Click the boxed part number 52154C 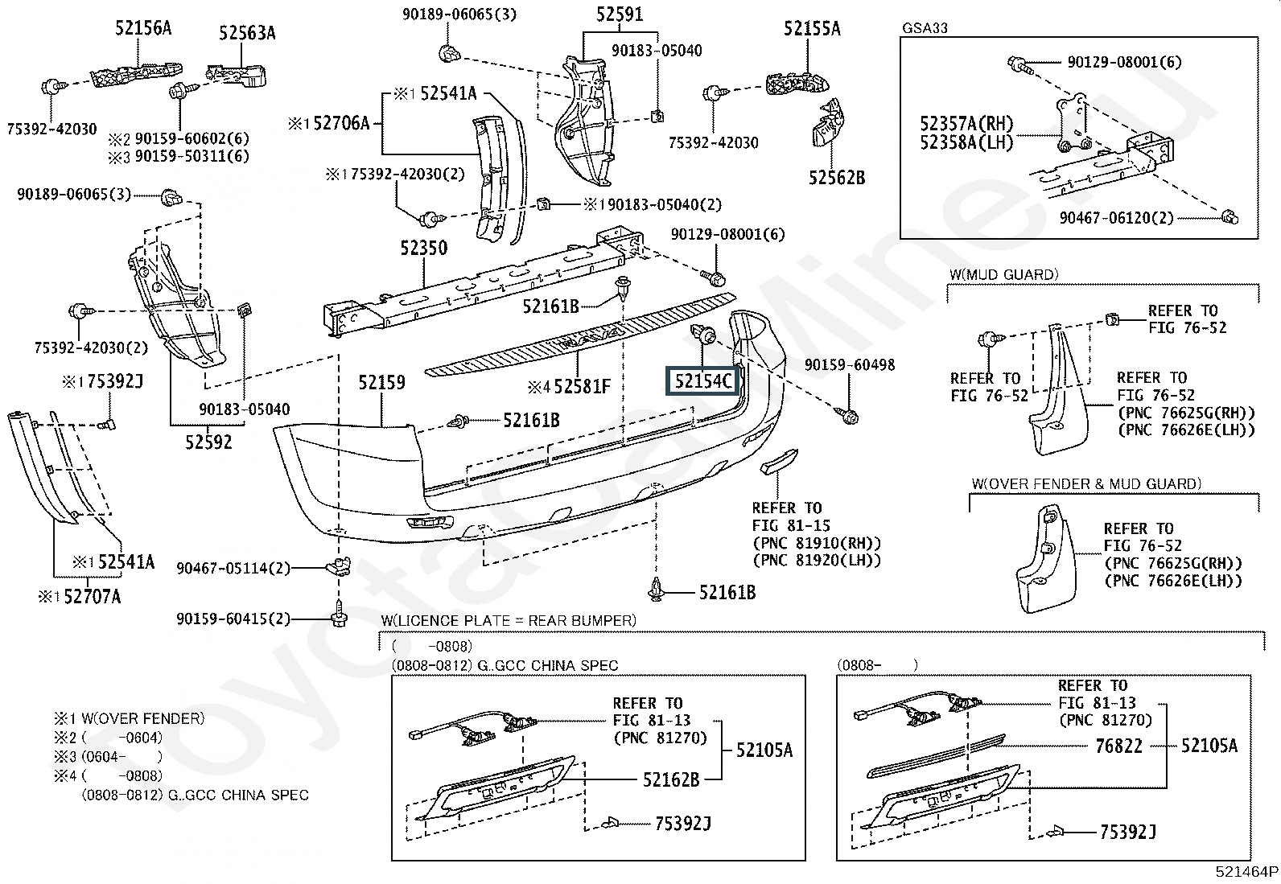pyautogui.click(x=702, y=380)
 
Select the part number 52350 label pyautogui.click(x=424, y=249)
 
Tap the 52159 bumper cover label pyautogui.click(x=381, y=383)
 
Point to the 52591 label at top pyautogui.click(x=620, y=14)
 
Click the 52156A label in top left pyautogui.click(x=143, y=28)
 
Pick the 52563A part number pyautogui.click(x=247, y=33)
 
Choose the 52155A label pyautogui.click(x=812, y=29)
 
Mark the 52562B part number pyautogui.click(x=837, y=178)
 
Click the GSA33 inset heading pyautogui.click(x=925, y=28)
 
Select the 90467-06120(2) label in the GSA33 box pyautogui.click(x=1116, y=218)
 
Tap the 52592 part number pyautogui.click(x=208, y=442)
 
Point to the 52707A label pyautogui.click(x=92, y=597)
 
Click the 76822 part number pyautogui.click(x=1118, y=746)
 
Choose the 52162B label pyautogui.click(x=671, y=780)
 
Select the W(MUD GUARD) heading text pyautogui.click(x=1004, y=274)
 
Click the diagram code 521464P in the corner pyautogui.click(x=1246, y=871)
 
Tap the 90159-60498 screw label pyautogui.click(x=850, y=365)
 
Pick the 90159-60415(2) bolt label pyautogui.click(x=233, y=619)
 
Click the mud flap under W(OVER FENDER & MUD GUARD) pyautogui.click(x=1046, y=559)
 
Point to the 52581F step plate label pyautogui.click(x=583, y=387)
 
